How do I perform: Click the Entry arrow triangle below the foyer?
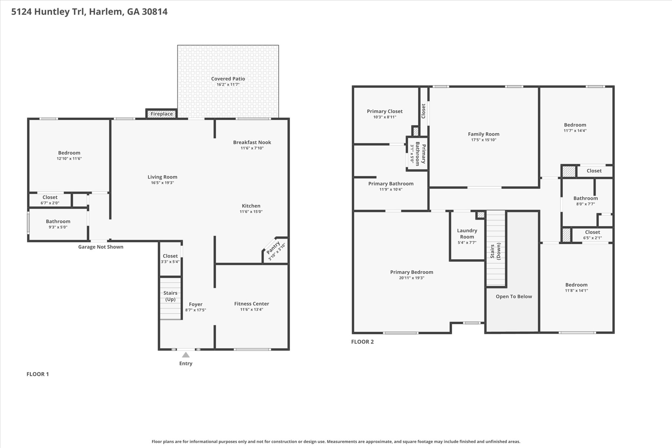186,355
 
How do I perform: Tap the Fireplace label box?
161,114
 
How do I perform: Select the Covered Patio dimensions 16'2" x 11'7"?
228,84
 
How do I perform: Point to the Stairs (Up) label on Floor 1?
170,296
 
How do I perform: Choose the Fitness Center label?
251,304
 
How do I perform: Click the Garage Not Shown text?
101,247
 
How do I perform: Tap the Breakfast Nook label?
252,142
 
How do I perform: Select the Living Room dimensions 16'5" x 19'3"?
162,182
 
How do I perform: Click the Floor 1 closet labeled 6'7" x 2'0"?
50,200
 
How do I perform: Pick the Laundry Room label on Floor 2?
467,233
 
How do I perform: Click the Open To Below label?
514,296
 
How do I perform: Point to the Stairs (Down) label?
495,251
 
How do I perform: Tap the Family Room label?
484,134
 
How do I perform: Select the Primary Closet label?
385,111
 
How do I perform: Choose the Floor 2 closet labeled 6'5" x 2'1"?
592,235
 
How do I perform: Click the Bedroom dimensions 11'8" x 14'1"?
576,290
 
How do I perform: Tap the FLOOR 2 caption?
362,342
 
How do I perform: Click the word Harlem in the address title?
106,12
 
